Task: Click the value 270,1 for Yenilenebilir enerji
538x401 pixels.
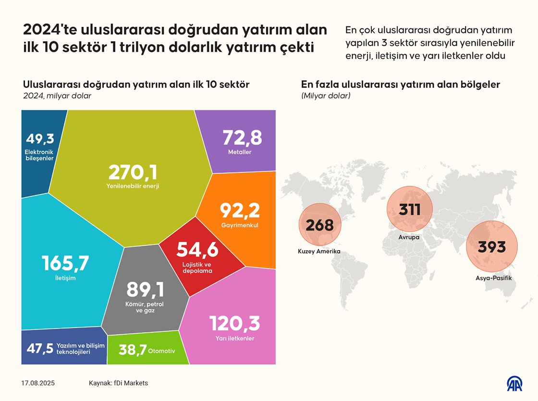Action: [133, 172]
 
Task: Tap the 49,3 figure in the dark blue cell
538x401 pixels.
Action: [39, 139]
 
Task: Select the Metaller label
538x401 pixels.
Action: [240, 152]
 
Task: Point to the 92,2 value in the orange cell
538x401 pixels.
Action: [240, 210]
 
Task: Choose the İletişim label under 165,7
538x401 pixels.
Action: [65, 278]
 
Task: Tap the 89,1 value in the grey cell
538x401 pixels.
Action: [146, 290]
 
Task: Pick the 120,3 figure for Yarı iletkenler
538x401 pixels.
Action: [234, 323]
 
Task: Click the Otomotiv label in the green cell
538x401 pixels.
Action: [162, 351]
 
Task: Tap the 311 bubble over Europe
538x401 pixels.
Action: [410, 209]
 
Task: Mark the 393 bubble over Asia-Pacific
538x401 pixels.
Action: [492, 247]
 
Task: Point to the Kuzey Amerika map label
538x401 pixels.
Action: [319, 252]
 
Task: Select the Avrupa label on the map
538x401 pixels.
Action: [409, 237]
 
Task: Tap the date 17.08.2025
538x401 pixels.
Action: [38, 383]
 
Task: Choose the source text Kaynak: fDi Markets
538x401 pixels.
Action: [118, 383]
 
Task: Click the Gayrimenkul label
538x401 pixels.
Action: [240, 225]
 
